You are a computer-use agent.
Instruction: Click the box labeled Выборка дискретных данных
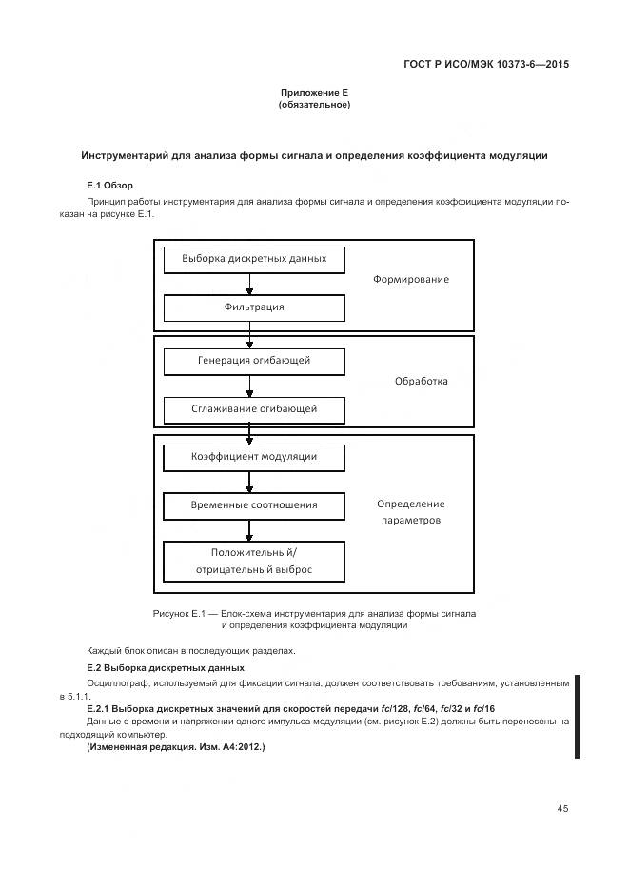tap(254, 259)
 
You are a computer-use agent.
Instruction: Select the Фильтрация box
tap(254, 307)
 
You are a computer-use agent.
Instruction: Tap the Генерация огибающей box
tap(254, 361)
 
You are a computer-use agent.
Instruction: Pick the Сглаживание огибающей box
tap(254, 409)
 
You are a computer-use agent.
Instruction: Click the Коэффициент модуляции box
tap(254, 457)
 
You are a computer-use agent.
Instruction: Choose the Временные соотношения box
tap(254, 505)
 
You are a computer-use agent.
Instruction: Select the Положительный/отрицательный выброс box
tap(254, 562)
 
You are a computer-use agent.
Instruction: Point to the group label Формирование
tap(410, 280)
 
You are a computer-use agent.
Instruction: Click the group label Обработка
tap(421, 382)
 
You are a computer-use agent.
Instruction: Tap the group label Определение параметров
tap(410, 512)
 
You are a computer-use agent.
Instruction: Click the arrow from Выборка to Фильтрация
tap(250, 284)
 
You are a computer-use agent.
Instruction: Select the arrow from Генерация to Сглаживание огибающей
tap(250, 386)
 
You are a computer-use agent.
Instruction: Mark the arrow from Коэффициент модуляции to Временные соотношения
tap(250, 482)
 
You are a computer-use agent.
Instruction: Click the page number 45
tap(562, 809)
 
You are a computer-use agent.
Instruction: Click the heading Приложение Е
tap(314, 92)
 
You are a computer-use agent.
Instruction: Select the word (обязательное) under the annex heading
tap(314, 105)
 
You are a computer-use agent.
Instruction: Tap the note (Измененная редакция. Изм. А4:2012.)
tap(175, 748)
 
